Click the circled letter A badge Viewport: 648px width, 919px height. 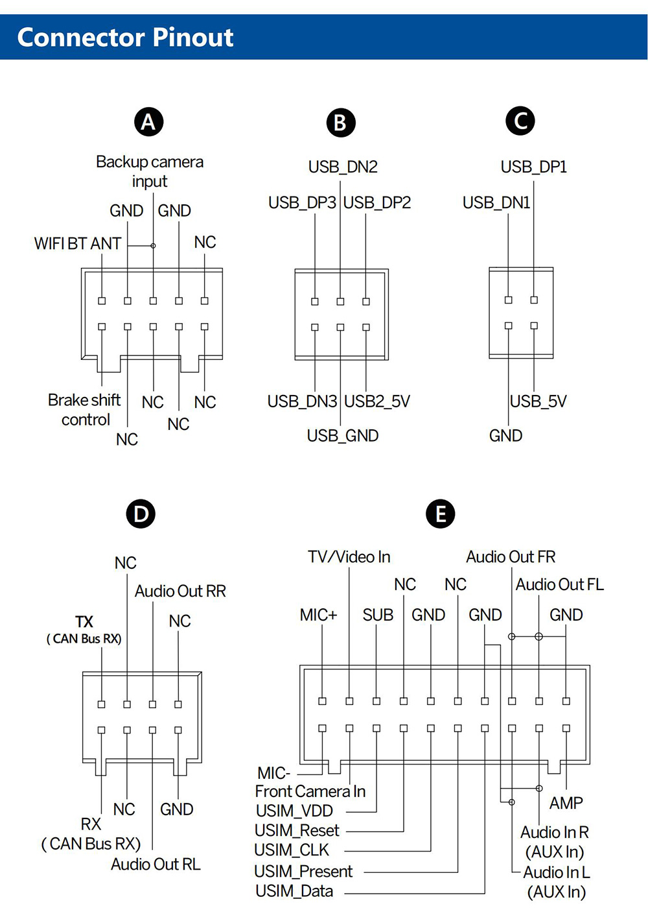(148, 122)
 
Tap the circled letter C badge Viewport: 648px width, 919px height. (520, 121)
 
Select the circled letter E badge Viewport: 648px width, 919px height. (441, 514)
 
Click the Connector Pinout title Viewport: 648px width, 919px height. (125, 38)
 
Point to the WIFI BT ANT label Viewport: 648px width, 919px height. (78, 244)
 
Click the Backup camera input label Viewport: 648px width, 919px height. (150, 171)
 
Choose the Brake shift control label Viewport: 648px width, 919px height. (84, 410)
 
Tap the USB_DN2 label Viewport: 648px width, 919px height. (343, 167)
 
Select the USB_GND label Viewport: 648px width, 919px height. (343, 436)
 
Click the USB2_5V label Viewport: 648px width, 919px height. (377, 401)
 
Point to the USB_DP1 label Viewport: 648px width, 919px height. (534, 167)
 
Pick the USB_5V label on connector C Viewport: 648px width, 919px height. (538, 401)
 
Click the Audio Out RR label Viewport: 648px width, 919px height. (180, 591)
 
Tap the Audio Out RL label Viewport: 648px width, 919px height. (156, 865)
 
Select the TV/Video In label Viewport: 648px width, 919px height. (349, 557)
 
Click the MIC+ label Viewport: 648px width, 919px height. (318, 615)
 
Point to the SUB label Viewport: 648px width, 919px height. (378, 615)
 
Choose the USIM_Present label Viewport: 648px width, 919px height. (303, 872)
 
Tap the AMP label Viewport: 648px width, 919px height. (566, 804)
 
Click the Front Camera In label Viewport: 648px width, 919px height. (310, 792)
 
